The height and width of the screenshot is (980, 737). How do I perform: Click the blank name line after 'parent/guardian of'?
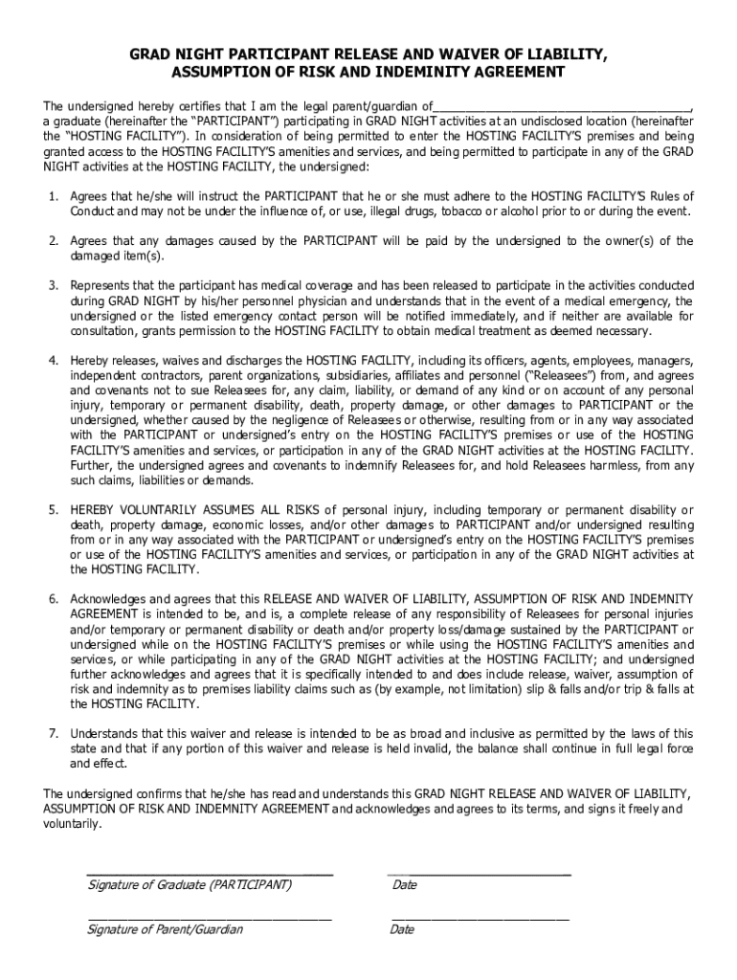[x=562, y=105]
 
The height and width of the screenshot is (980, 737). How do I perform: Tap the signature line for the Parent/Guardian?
[x=210, y=919]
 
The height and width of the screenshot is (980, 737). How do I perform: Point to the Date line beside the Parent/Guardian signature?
[x=479, y=919]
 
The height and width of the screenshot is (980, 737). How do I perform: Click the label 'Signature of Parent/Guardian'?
[x=165, y=929]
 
